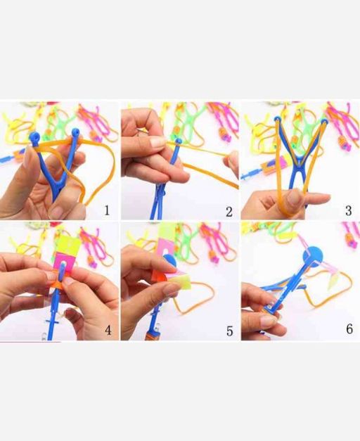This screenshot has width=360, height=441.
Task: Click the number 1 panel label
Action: [107, 210]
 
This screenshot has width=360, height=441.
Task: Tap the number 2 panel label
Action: [229, 212]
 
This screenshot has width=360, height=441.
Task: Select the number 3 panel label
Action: [349, 210]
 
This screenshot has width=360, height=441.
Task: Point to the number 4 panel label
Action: [108, 330]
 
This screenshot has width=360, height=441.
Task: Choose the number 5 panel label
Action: [229, 331]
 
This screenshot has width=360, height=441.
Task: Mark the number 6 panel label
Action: [349, 328]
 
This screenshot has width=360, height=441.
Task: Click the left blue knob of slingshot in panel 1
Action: [35, 137]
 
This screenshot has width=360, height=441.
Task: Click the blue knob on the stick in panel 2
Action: [178, 141]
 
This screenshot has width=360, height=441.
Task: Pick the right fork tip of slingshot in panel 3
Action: [324, 122]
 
